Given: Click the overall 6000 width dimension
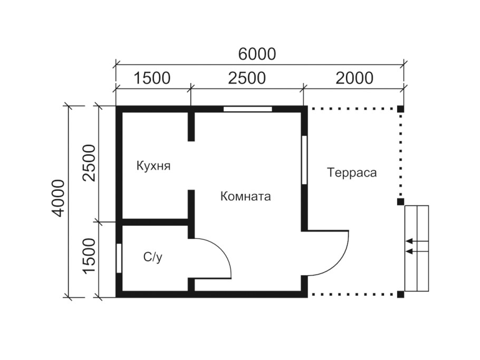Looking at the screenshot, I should [x=257, y=53].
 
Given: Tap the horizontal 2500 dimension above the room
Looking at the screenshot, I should [x=246, y=78].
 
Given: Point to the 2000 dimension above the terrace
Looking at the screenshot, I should [x=354, y=78].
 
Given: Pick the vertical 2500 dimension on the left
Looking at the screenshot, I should [x=89, y=162].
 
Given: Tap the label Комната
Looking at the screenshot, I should [x=245, y=197].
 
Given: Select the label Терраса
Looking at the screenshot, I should [x=352, y=172].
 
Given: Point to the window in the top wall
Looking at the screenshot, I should [x=247, y=109].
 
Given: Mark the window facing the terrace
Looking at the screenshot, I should [x=304, y=160].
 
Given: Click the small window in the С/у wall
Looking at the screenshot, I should [x=119, y=258].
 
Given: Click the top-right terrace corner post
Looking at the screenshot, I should [x=400, y=109].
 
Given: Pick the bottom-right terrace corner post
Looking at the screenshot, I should [x=400, y=294].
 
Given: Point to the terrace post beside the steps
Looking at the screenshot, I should [x=400, y=201].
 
